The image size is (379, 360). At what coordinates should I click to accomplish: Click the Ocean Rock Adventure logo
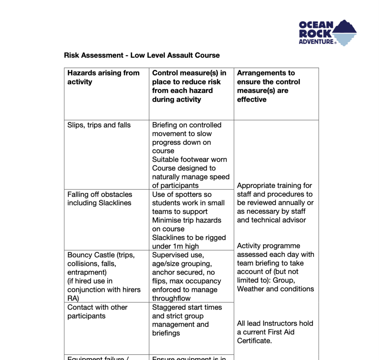(x=327, y=33)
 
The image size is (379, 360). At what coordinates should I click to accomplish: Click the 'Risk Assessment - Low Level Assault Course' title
(x=142, y=55)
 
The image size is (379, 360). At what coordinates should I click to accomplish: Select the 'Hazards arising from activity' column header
(x=103, y=77)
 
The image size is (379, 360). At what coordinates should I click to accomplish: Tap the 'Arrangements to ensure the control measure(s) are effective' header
(x=268, y=86)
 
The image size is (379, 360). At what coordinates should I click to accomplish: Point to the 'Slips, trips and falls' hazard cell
(x=99, y=125)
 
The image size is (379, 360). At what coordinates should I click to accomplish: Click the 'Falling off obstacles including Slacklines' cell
(x=100, y=199)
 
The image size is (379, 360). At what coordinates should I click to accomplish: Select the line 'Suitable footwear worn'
(x=189, y=159)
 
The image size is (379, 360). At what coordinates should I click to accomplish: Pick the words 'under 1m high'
(x=175, y=246)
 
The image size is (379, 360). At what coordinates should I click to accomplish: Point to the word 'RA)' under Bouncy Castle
(x=73, y=298)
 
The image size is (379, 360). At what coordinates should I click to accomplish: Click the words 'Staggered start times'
(x=187, y=307)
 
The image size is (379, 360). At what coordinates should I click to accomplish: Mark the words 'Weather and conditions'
(x=275, y=289)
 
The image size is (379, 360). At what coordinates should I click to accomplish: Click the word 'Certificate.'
(x=254, y=341)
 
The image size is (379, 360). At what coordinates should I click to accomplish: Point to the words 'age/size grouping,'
(x=182, y=264)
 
